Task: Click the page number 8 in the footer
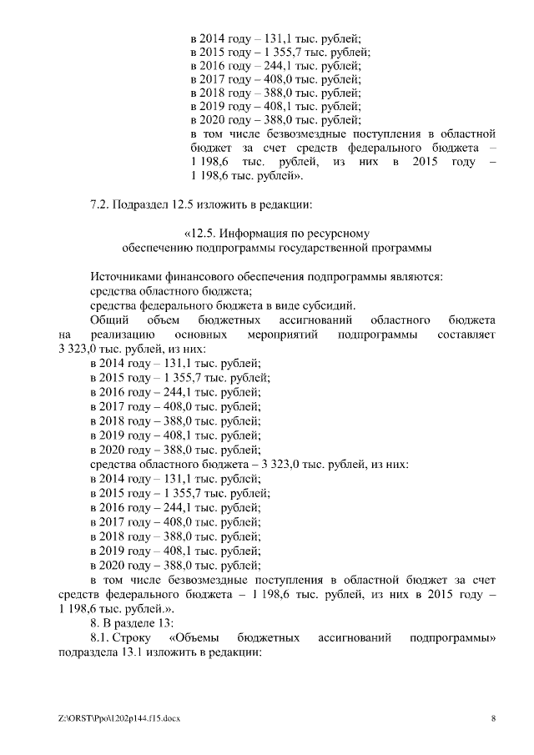(x=493, y=718)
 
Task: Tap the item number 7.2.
(x=99, y=204)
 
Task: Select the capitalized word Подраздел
(x=142, y=204)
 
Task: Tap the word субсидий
(x=332, y=305)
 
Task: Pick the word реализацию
(x=111, y=335)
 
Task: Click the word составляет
(x=466, y=335)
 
